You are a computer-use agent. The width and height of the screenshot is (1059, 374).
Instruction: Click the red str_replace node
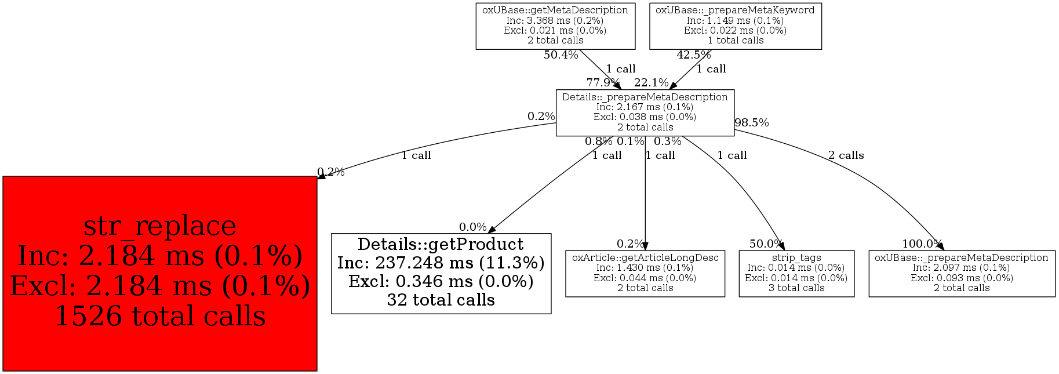click(x=159, y=273)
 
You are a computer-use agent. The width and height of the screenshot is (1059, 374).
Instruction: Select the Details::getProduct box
click(x=441, y=273)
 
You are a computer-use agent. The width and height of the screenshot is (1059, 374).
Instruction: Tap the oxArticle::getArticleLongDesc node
click(x=645, y=273)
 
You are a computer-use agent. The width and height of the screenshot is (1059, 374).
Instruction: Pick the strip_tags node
click(x=796, y=273)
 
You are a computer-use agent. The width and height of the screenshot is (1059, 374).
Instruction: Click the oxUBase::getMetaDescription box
click(x=555, y=26)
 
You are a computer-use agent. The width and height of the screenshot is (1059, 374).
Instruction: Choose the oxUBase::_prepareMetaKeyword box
click(x=735, y=26)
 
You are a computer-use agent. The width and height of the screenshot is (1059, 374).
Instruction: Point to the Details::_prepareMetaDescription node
click(x=645, y=112)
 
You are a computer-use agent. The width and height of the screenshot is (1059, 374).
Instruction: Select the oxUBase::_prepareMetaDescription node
click(x=961, y=273)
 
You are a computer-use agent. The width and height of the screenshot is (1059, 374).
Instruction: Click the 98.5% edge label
click(x=751, y=123)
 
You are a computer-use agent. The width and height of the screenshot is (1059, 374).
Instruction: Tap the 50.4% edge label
click(x=561, y=55)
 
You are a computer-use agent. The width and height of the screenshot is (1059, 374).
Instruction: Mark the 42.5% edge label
click(x=693, y=55)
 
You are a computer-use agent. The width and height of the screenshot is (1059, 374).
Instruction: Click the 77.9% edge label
click(x=603, y=82)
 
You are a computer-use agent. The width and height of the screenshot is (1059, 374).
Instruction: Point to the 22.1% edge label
click(x=651, y=82)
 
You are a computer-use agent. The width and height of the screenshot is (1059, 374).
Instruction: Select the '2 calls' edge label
click(x=846, y=155)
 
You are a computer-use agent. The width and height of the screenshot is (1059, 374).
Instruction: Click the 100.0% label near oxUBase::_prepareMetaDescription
click(x=922, y=244)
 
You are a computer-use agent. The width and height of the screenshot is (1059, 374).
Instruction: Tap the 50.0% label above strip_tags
click(x=766, y=244)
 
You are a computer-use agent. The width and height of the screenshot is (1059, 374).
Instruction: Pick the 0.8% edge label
click(x=598, y=141)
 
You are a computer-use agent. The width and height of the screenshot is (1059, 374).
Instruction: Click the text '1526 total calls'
click(x=160, y=317)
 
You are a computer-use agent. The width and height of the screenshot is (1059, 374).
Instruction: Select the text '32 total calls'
click(x=441, y=300)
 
